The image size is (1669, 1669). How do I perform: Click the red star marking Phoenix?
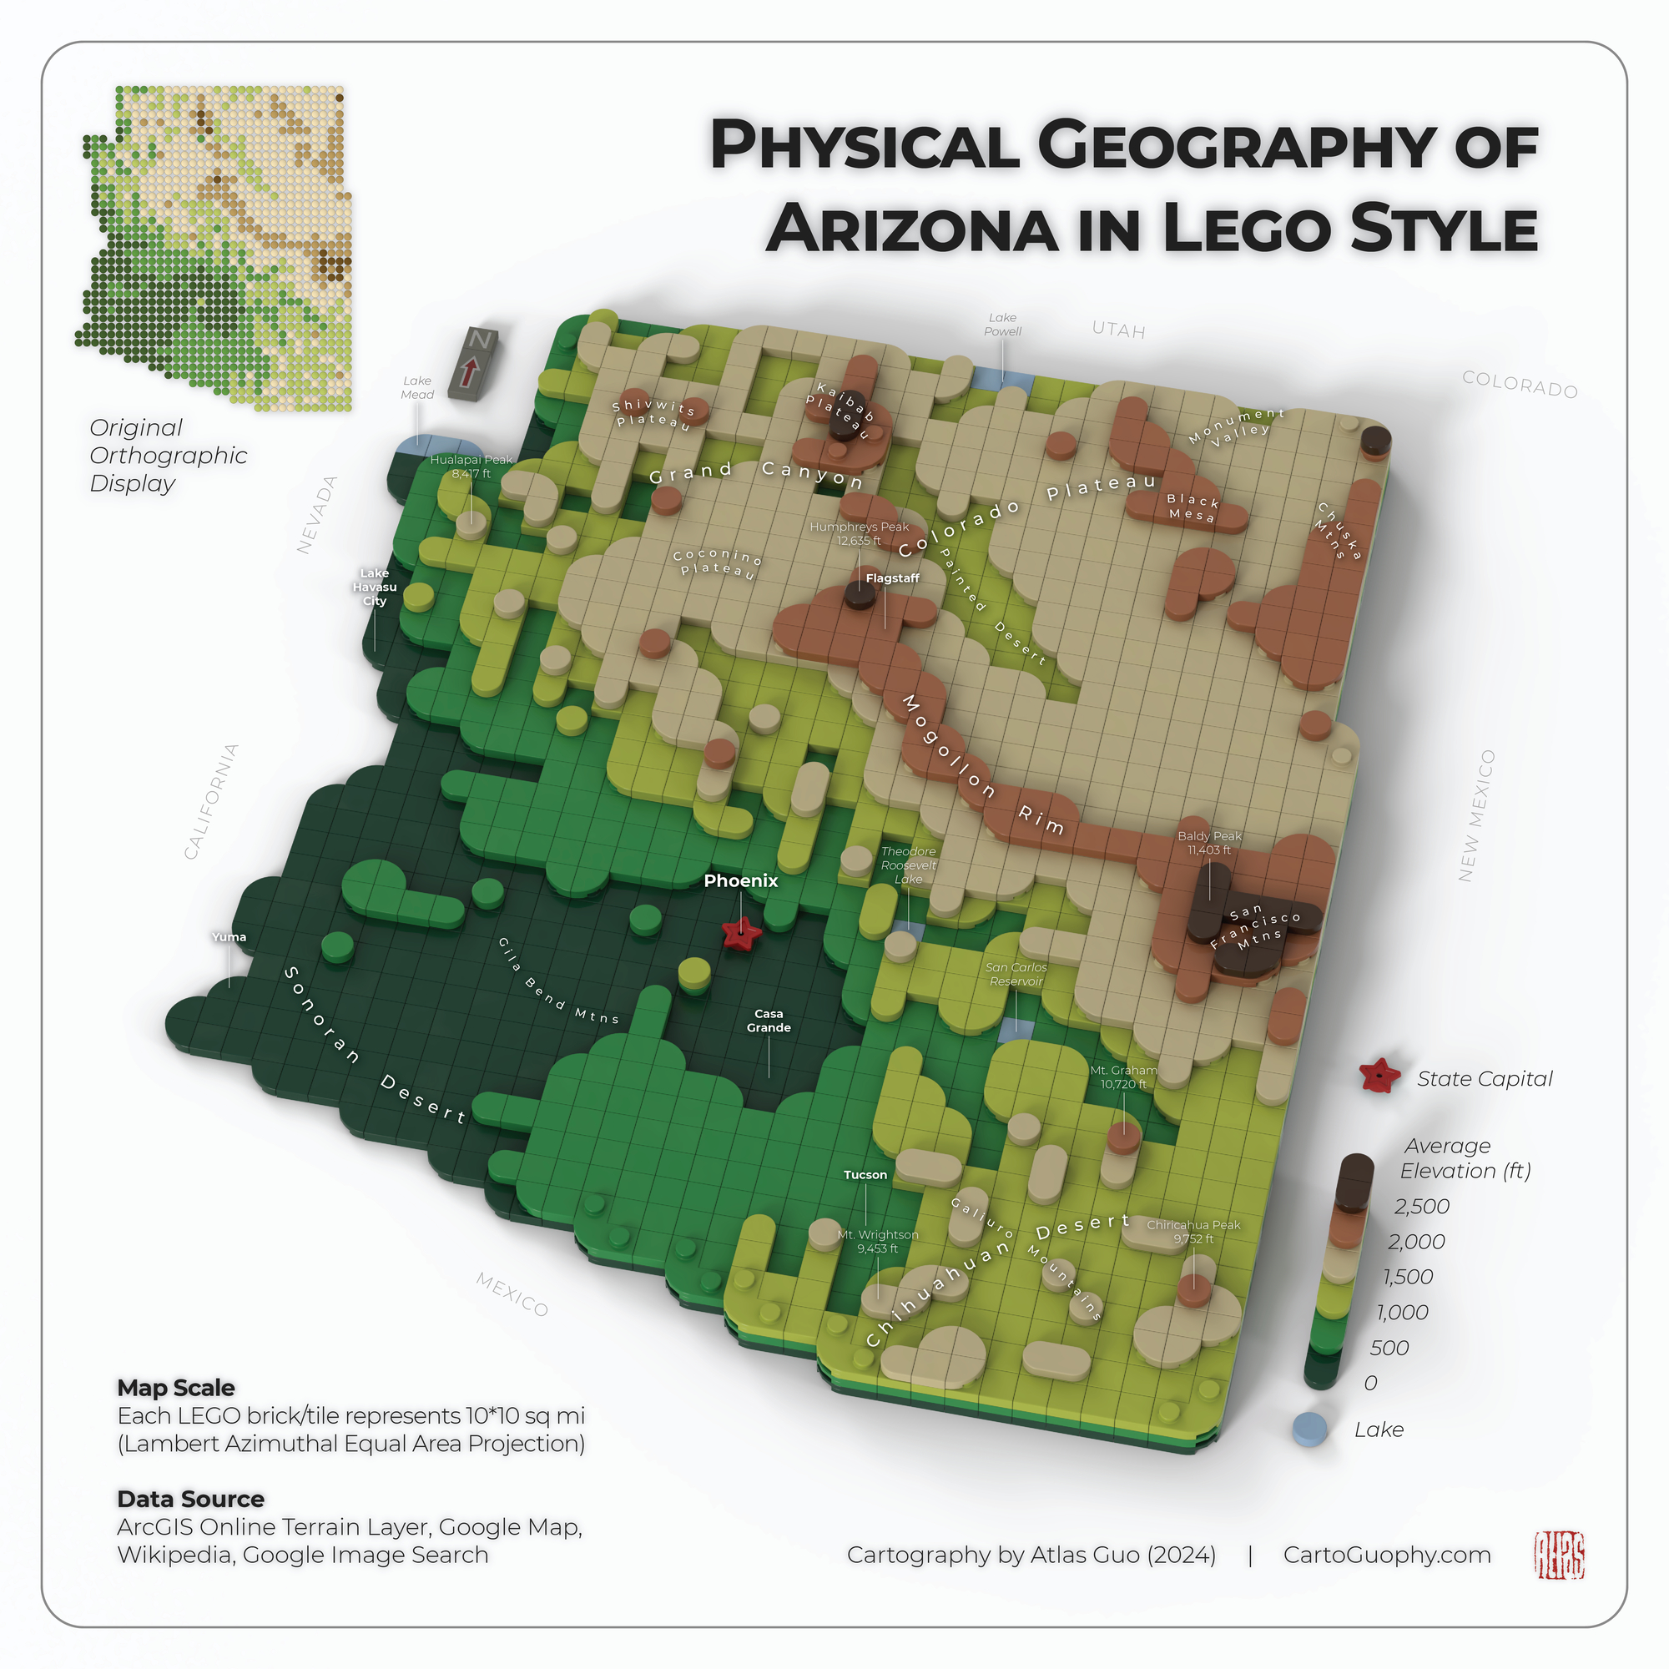tap(741, 933)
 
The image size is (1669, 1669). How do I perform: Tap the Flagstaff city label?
tap(892, 578)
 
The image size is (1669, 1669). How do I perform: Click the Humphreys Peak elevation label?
tap(859, 534)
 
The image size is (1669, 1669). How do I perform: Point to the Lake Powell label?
tap(1002, 325)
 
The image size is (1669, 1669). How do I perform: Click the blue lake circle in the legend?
tap(1309, 1429)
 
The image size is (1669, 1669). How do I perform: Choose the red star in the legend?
tap(1379, 1077)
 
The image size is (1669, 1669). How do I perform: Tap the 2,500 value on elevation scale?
tap(1421, 1206)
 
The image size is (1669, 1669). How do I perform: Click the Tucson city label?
tap(865, 1175)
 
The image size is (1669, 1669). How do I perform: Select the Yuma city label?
tap(229, 937)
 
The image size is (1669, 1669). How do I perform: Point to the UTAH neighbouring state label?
tap(1118, 330)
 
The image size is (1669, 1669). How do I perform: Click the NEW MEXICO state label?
tap(1476, 815)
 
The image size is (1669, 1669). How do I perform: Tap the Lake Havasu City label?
tap(374, 587)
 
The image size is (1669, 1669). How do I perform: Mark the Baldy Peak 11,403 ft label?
tap(1208, 843)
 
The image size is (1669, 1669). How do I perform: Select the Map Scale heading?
tap(176, 1389)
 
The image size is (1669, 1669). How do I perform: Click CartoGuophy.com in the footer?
tap(1386, 1555)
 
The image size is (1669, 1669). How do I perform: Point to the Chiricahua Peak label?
tap(1193, 1232)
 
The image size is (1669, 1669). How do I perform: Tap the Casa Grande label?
tap(768, 1021)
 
